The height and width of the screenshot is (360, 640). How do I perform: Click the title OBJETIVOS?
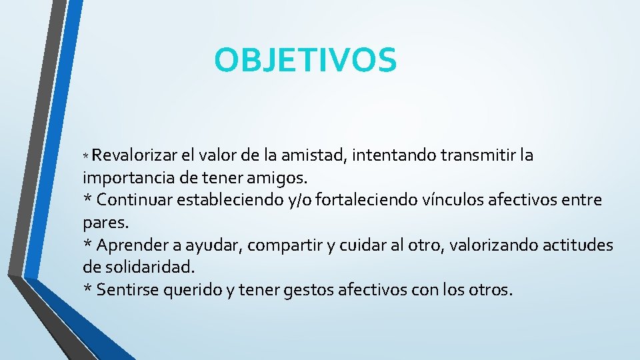pyautogui.click(x=305, y=60)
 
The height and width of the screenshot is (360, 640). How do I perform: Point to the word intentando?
pyautogui.click(x=393, y=156)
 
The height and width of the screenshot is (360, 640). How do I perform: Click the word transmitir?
pyautogui.click(x=477, y=156)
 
